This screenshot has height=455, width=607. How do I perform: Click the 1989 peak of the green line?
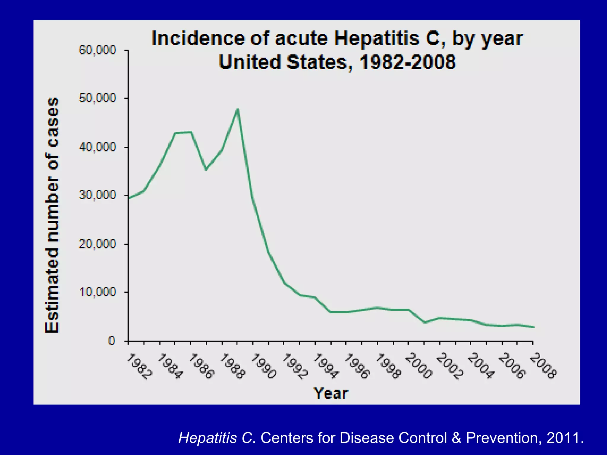[x=237, y=110]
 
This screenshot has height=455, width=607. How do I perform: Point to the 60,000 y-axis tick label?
[x=97, y=50]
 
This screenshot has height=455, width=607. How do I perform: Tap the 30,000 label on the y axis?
[x=97, y=195]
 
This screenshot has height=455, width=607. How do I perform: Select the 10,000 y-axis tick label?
[x=97, y=292]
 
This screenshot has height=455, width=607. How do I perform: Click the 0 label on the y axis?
[x=111, y=341]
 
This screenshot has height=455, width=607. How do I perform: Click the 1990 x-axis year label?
[x=263, y=366]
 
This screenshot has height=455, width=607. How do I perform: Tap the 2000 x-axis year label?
[x=419, y=366]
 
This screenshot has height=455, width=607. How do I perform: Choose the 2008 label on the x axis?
[x=543, y=366]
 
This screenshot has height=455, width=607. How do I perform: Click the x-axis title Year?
[x=331, y=394]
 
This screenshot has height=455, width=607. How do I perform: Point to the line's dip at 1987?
[x=206, y=169]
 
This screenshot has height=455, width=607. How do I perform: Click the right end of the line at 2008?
[x=533, y=327]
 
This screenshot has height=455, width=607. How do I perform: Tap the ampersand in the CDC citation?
[x=456, y=438]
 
